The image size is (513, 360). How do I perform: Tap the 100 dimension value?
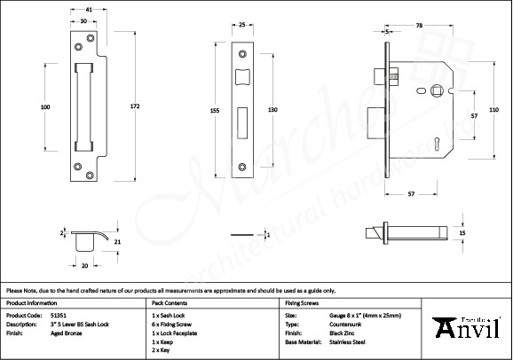[x=45, y=107]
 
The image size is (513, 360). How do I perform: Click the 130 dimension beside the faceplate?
[x=273, y=109]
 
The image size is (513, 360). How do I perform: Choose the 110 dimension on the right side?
[x=494, y=109]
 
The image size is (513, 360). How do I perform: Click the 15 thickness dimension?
[x=461, y=233]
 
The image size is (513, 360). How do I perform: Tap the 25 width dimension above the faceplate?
[x=242, y=26]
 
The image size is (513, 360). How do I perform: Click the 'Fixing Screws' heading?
[x=299, y=302]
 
